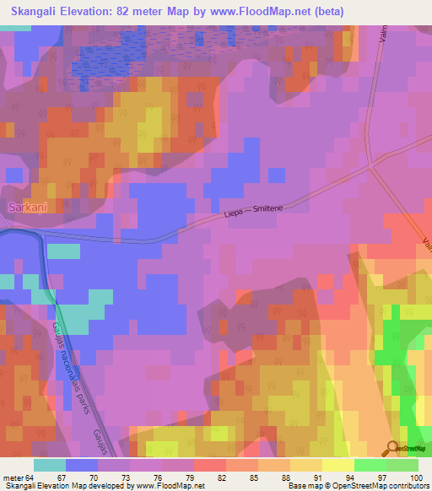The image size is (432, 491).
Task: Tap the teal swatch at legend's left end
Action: click(x=49, y=465)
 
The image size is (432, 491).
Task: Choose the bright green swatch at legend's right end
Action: click(x=402, y=465)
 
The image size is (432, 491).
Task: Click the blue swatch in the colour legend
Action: click(x=81, y=465)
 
